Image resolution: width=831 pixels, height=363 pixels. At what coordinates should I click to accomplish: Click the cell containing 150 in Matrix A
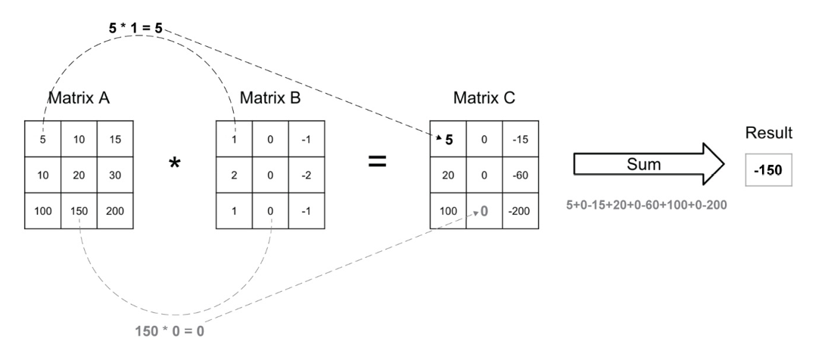click(x=79, y=209)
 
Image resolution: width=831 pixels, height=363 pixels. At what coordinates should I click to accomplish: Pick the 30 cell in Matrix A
click(x=114, y=174)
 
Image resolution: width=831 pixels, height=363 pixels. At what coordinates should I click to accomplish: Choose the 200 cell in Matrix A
click(x=114, y=209)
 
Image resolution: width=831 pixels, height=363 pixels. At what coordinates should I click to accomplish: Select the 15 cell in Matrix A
click(x=114, y=139)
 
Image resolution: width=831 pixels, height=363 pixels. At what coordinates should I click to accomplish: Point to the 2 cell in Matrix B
click(x=235, y=174)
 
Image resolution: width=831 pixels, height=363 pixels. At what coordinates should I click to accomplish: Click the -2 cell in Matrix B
click(x=305, y=174)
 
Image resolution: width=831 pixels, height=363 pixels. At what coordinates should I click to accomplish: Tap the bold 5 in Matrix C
click(x=449, y=139)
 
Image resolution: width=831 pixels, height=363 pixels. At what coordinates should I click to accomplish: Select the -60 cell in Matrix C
click(x=519, y=174)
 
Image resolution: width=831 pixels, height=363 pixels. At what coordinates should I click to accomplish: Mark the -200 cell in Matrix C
click(x=519, y=209)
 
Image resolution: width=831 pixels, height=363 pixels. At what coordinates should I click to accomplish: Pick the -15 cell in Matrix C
click(x=519, y=139)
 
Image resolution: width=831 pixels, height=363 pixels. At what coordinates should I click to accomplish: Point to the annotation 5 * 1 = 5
click(x=135, y=29)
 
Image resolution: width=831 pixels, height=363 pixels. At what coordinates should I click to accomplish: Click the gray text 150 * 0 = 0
click(x=169, y=331)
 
